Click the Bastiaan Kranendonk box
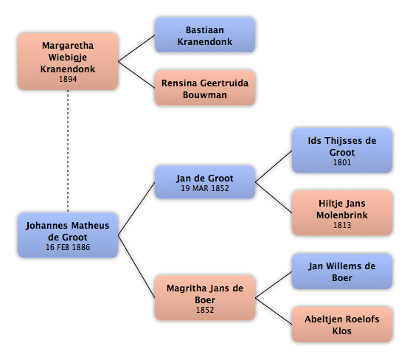[205, 35]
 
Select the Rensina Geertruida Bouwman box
[205, 89]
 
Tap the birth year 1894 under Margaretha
[68, 79]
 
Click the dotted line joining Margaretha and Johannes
[68, 151]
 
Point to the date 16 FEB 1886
[68, 247]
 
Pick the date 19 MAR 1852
[205, 188]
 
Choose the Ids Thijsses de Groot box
[342, 150]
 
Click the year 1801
[342, 162]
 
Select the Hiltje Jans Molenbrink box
[342, 213]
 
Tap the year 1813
[342, 225]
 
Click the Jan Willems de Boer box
[342, 271]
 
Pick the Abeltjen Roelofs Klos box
[342, 325]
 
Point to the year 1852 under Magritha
[205, 310]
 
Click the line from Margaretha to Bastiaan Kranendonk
[136, 49]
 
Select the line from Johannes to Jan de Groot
[136, 209]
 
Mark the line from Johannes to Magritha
[136, 266]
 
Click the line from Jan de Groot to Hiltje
[274, 198]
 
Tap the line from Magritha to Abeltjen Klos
[274, 311]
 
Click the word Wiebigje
[68, 58]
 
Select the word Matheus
[90, 226]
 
